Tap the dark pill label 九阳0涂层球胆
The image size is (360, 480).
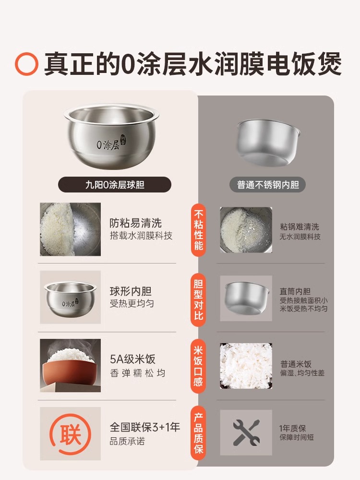coord(115,185)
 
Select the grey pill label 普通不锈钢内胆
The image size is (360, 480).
coord(268,185)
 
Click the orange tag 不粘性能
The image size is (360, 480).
coord(198,230)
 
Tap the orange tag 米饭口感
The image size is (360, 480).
coord(198,366)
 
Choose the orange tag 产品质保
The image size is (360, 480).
coord(198,433)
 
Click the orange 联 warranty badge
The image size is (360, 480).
coord(71,434)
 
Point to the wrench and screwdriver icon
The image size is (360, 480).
coord(246,432)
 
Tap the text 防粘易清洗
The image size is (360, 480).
coord(135,223)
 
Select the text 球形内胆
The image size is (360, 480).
coord(131,291)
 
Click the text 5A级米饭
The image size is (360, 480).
coord(132,359)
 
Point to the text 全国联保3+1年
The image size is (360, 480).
coord(145,427)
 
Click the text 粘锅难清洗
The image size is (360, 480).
coord(300,227)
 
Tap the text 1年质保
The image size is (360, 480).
coord(292,428)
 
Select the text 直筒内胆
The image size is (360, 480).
coord(295,291)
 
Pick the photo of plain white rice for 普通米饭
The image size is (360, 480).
coord(246,366)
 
